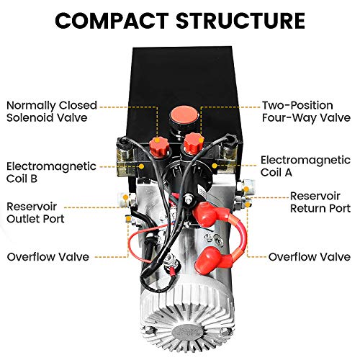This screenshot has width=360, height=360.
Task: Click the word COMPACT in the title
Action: pyautogui.click(x=112, y=21)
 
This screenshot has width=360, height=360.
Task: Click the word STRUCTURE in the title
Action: pyautogui.click(x=240, y=21)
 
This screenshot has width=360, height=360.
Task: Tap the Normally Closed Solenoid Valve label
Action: pyautogui.click(x=52, y=112)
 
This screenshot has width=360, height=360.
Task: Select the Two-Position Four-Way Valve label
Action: pyautogui.click(x=306, y=112)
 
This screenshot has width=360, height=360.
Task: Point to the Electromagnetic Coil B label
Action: pyautogui.click(x=51, y=172)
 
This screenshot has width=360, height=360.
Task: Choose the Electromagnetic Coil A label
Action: pyautogui.click(x=305, y=166)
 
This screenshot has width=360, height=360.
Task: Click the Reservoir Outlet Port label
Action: pyautogui.click(x=35, y=212)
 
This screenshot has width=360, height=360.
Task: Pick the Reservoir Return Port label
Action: pyautogui.click(x=320, y=202)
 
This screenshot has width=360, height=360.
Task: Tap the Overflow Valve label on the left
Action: pyautogui.click(x=48, y=257)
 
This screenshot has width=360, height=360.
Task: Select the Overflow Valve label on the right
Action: pyautogui.click(x=310, y=257)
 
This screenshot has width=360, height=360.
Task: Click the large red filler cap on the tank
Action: pyautogui.click(x=184, y=115)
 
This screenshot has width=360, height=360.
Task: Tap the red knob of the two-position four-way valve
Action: pyautogui.click(x=194, y=143)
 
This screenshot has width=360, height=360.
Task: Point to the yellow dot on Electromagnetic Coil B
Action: pyautogui.click(x=142, y=166)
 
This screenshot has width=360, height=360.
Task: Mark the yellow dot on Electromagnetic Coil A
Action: pyautogui.click(x=215, y=166)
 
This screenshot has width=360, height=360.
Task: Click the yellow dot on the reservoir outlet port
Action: pyautogui.click(x=125, y=197)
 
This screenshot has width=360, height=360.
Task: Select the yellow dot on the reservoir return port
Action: pyautogui.click(x=246, y=189)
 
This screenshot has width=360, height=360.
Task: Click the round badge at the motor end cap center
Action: pyautogui.click(x=186, y=333)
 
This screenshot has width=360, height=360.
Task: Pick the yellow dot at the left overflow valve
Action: pyautogui.click(x=129, y=219)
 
